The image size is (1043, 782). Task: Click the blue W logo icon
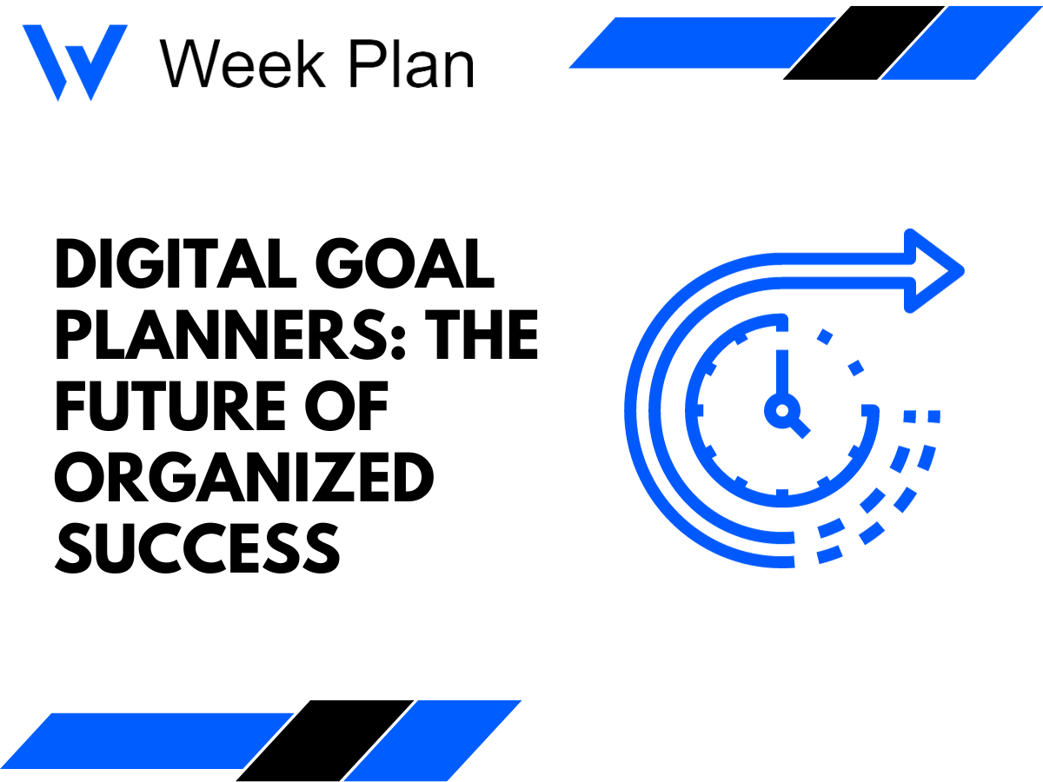tap(75, 61)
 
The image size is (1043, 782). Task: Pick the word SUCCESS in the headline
tap(196, 547)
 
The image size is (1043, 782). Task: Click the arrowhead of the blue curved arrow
tap(933, 269)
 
